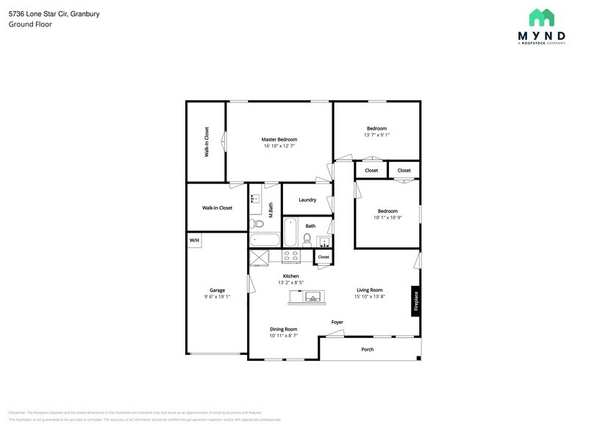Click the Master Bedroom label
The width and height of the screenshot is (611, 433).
tap(279, 139)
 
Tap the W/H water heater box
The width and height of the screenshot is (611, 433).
tap(194, 240)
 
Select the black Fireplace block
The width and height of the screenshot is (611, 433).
tap(415, 302)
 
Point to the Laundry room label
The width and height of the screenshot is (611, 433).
tap(307, 200)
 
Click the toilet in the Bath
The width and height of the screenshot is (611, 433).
tap(307, 240)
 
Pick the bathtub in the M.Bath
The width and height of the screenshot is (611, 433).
tap(265, 240)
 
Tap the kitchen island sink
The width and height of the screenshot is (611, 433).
tap(313, 298)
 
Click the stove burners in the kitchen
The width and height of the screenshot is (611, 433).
tap(291, 256)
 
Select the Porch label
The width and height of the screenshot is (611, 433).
tap(368, 349)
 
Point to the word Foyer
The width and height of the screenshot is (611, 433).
tap(337, 322)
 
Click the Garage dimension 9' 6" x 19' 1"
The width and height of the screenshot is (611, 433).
tap(218, 297)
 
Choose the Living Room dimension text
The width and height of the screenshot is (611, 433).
tap(370, 297)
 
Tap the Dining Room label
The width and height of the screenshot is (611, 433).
tap(283, 329)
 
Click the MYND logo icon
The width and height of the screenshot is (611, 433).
tap(542, 18)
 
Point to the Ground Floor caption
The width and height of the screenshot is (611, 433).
tap(30, 24)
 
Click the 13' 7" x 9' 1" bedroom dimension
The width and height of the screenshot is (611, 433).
tap(376, 135)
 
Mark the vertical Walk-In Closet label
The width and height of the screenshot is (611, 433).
tap(207, 142)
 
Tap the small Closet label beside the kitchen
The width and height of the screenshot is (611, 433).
tap(324, 257)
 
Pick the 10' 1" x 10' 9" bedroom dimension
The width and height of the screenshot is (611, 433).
tap(387, 217)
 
